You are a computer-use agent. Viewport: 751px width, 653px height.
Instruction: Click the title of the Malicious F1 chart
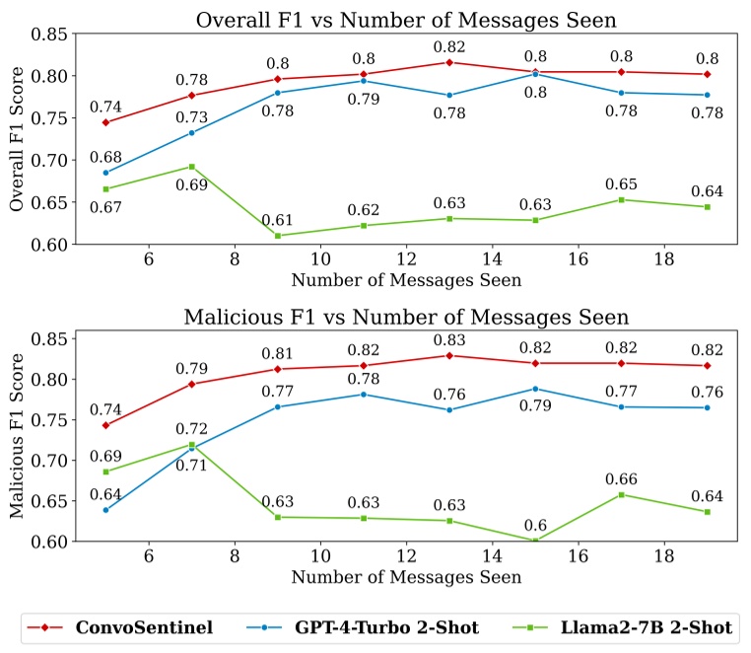point(405,317)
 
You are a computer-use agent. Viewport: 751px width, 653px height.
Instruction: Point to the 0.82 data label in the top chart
point(449,46)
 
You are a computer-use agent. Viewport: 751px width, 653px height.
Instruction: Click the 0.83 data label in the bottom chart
point(449,339)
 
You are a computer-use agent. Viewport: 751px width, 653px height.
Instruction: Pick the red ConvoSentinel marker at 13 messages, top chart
point(449,62)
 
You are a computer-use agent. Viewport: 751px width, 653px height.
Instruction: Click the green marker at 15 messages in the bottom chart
point(535,541)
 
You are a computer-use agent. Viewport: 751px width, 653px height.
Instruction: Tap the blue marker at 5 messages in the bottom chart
point(105,510)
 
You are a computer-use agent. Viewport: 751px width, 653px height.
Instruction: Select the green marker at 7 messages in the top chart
point(191,167)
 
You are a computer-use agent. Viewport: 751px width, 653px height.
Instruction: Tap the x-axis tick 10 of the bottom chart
point(319,557)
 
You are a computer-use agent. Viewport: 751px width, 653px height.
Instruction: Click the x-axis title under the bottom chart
point(405,577)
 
